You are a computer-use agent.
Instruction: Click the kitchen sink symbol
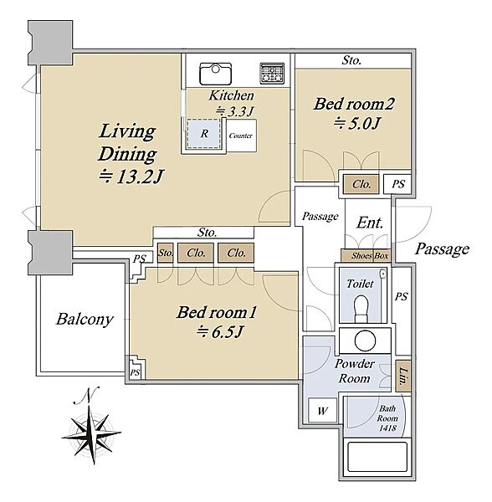(215, 74)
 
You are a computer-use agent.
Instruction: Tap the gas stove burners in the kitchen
(272, 74)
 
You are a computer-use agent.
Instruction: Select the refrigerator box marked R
(204, 134)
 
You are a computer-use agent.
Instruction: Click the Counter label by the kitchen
(241, 136)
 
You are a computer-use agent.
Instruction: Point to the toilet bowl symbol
(361, 308)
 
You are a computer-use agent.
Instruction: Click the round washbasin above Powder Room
(365, 340)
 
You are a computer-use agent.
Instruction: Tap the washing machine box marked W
(323, 410)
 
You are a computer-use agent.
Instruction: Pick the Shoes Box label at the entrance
(370, 256)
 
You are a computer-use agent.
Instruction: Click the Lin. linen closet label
(403, 376)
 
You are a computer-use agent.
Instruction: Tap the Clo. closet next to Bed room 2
(361, 184)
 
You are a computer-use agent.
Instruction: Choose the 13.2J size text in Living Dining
(131, 177)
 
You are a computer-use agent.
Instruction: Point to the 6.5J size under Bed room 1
(220, 332)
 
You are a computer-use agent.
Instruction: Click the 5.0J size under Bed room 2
(356, 123)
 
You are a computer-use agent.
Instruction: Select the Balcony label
(85, 320)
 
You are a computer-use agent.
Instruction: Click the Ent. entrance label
(370, 223)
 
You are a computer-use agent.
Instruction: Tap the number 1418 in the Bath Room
(387, 428)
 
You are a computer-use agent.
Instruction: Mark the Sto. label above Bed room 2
(351, 60)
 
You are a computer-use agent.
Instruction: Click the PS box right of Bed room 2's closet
(397, 184)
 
